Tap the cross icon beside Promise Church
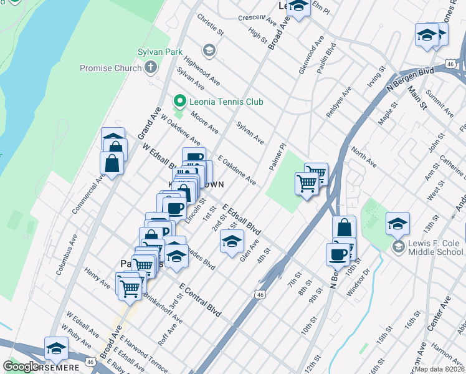click(151, 67)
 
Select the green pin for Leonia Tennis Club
click(180, 101)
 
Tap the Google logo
click(21, 367)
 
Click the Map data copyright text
click(439, 369)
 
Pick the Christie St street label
click(210, 23)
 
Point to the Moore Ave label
click(205, 123)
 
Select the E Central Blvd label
click(201, 299)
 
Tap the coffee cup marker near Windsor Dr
click(338, 254)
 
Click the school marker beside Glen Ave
click(231, 241)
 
